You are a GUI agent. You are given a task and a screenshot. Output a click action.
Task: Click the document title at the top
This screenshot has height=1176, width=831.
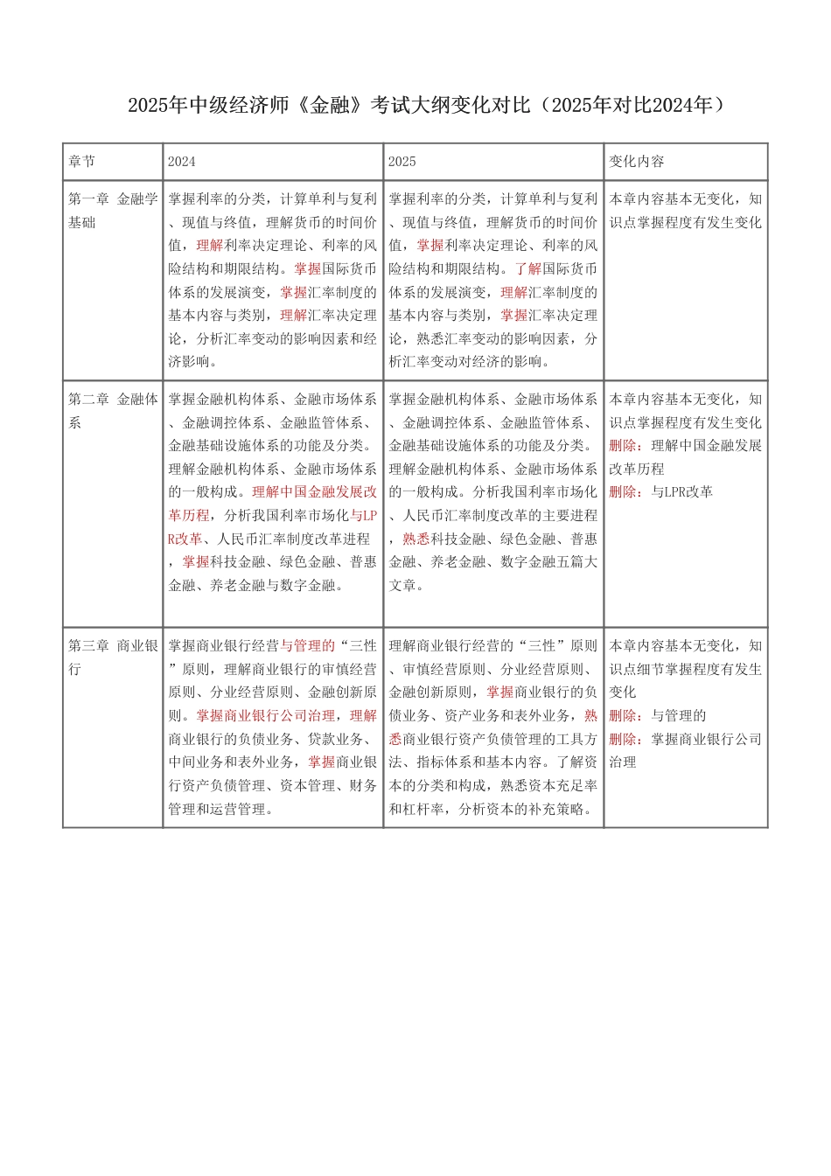[426, 106]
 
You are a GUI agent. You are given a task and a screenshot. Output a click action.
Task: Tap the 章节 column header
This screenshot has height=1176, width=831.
[82, 162]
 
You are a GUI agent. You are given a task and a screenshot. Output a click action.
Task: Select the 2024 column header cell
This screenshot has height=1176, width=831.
[182, 162]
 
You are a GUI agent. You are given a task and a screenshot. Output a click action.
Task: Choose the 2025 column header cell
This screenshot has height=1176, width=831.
[402, 162]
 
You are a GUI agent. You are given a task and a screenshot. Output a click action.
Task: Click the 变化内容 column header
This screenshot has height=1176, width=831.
[637, 162]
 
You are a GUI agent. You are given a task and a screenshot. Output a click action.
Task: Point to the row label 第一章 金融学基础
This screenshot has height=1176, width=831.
[113, 211]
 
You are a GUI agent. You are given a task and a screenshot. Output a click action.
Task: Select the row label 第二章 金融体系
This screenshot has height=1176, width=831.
[113, 411]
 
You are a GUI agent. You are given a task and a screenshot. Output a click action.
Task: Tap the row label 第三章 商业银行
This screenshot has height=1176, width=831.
[113, 658]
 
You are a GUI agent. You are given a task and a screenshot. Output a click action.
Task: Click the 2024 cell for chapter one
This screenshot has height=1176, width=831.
[273, 280]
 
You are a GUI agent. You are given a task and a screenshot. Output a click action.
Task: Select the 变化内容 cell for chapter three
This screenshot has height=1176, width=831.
[686, 704]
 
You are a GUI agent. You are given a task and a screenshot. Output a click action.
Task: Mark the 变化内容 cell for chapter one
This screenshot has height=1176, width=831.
[686, 211]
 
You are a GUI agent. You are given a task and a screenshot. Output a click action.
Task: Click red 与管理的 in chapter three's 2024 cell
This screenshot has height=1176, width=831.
[308, 646]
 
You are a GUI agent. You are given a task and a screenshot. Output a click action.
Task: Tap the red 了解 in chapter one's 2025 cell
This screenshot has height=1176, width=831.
[528, 268]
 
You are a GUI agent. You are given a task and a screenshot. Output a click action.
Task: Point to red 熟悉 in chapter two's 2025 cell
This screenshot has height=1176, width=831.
[416, 539]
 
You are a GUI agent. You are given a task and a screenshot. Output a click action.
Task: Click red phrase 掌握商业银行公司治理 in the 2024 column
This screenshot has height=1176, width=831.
[266, 715]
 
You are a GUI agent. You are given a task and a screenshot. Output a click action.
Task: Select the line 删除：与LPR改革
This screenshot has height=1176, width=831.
[661, 492]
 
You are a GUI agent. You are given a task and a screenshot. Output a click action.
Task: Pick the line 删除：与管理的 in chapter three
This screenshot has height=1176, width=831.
[658, 715]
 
